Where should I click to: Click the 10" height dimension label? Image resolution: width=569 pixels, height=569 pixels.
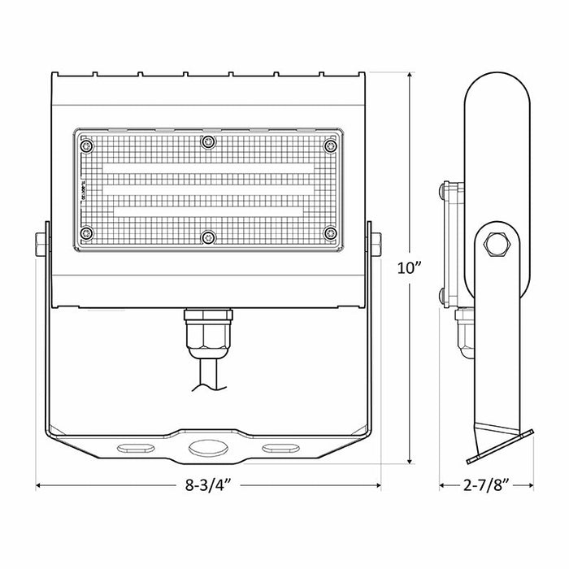click(411, 268)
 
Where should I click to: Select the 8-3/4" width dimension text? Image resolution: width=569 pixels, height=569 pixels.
click(209, 487)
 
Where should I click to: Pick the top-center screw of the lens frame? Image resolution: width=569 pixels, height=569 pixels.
click(209, 142)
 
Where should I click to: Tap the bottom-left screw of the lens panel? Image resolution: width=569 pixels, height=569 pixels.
click(87, 234)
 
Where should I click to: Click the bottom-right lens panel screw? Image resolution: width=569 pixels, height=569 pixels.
click(330, 234)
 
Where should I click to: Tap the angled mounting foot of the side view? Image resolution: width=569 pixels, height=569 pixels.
click(500, 439)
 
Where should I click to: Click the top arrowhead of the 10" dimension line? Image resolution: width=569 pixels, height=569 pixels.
click(409, 73)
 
